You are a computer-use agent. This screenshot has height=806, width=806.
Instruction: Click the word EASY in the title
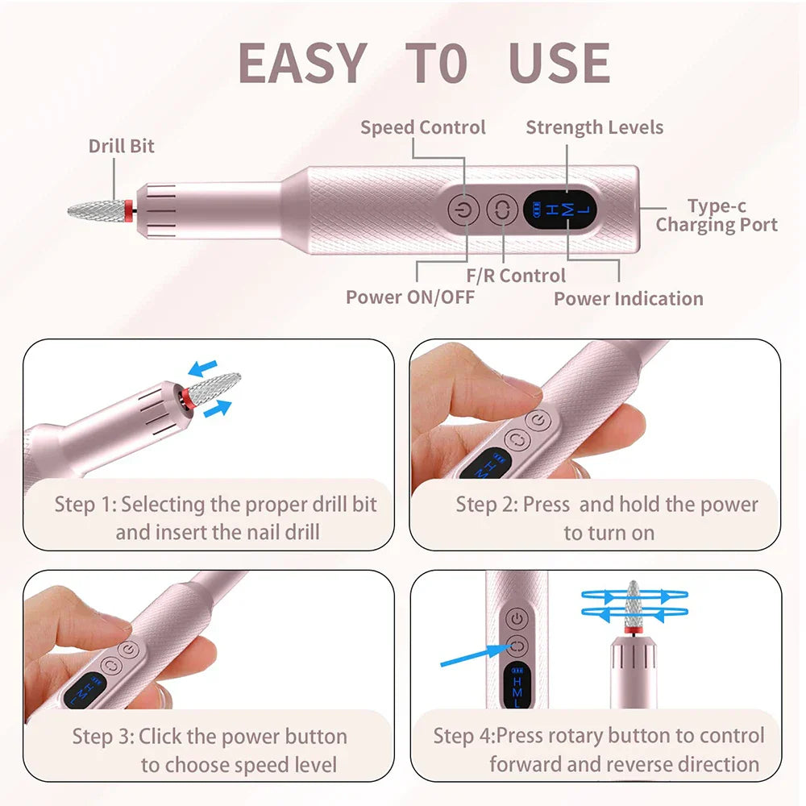[x=302, y=63]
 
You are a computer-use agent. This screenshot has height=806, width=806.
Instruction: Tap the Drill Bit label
[x=121, y=146]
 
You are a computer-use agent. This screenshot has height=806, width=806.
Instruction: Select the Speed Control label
[x=422, y=127]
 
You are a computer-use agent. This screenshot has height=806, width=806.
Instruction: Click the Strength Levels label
[x=594, y=127]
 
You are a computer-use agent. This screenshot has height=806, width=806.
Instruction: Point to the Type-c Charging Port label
[x=716, y=215]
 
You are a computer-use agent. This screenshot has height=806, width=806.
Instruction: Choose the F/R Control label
[x=516, y=276]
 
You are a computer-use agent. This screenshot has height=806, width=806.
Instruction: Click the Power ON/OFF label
[x=409, y=297]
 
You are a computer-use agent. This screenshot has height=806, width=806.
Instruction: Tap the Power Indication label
[x=628, y=298]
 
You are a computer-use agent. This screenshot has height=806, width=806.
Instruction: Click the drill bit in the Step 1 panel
[x=214, y=390]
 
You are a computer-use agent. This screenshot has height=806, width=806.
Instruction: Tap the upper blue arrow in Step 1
[x=202, y=369]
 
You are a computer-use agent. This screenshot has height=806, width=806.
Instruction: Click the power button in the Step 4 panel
[x=517, y=619]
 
